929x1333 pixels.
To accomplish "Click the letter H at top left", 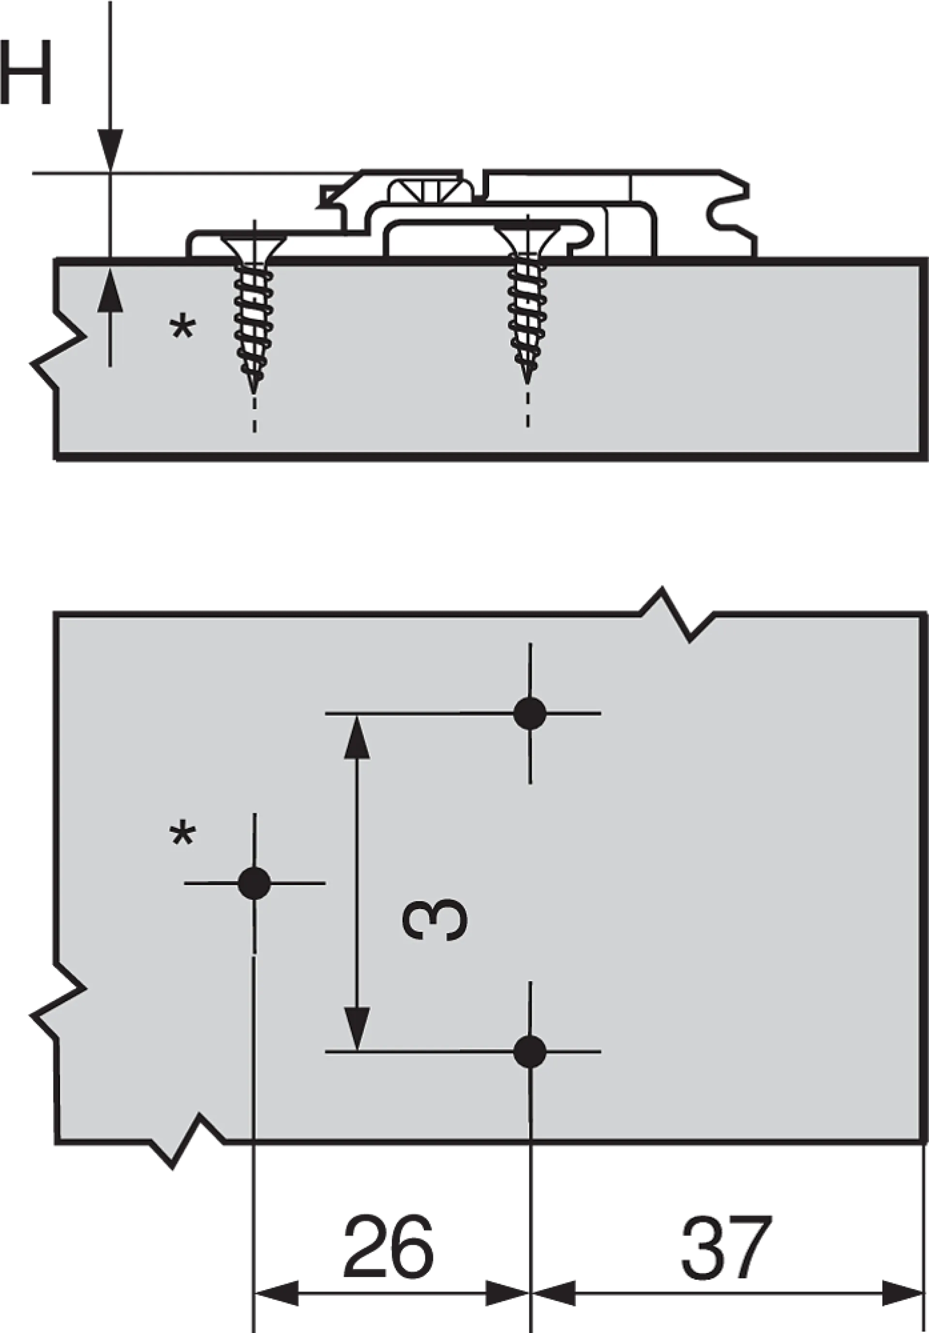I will (28, 73).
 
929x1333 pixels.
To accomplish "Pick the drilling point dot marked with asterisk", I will (255, 883).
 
